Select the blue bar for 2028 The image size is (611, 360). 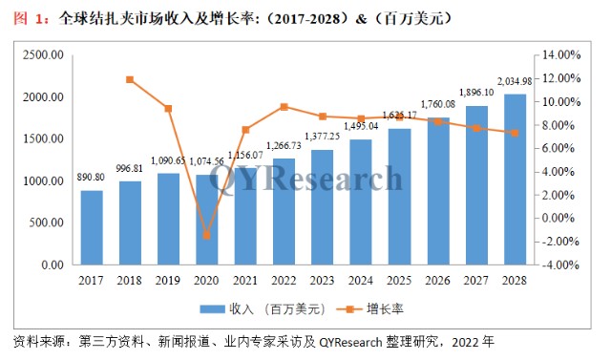(515, 180)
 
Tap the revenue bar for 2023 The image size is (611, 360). (323, 206)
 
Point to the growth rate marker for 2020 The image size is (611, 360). (207, 235)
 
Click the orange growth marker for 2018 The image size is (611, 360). (130, 79)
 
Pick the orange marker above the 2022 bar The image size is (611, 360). (284, 107)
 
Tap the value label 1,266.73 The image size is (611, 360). (284, 145)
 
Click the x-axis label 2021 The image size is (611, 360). (245, 282)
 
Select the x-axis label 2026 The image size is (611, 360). (437, 282)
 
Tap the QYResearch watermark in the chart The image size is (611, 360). (305, 178)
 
